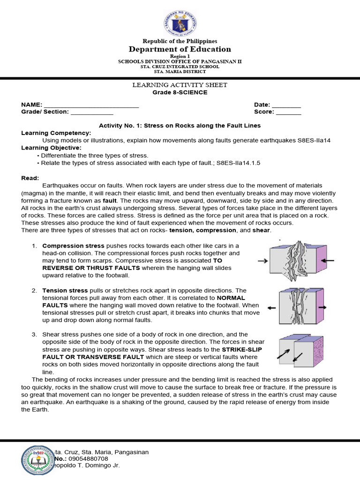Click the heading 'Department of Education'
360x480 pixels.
coord(180,49)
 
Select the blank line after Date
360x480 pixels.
coord(286,105)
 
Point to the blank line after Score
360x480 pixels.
coord(288,112)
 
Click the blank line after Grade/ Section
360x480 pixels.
coord(91,112)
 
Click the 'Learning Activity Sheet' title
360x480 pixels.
coord(180,85)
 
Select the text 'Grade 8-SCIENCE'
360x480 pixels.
coord(180,92)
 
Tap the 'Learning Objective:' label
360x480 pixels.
coord(52,148)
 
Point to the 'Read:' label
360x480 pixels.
coord(30,178)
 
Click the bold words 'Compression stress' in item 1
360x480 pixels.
coord(74,246)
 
